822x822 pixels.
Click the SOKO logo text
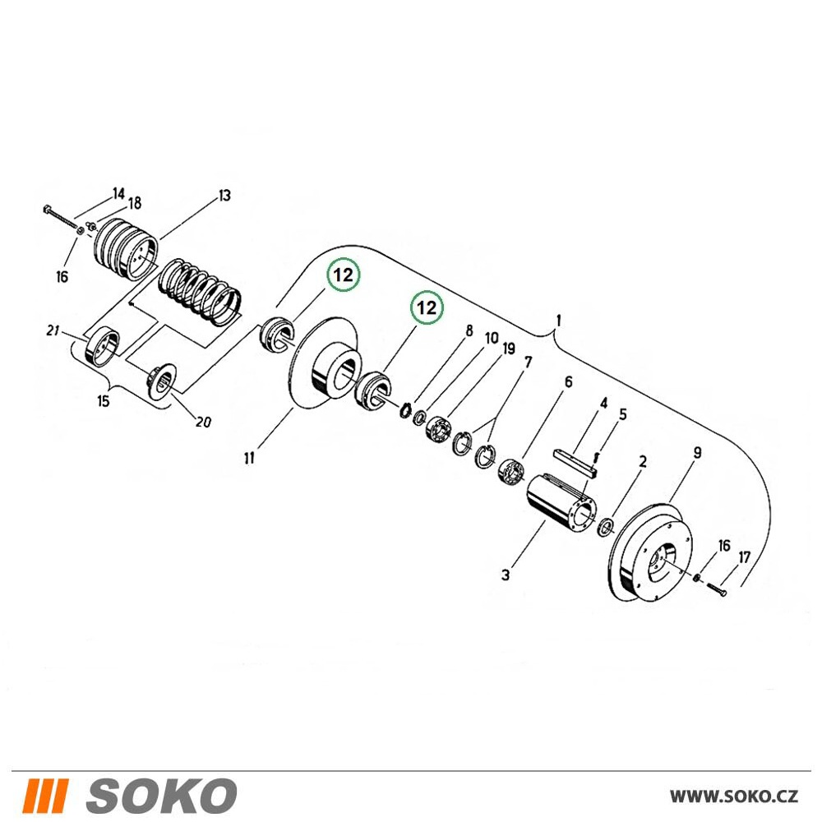161,797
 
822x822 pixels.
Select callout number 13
224,196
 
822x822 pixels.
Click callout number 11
249,458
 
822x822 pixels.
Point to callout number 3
506,575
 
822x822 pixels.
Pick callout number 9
697,453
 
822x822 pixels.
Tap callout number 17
745,558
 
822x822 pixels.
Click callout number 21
53,331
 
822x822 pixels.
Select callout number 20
203,422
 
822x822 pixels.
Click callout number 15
104,402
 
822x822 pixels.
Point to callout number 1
559,321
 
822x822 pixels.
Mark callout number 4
603,403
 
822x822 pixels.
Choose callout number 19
509,349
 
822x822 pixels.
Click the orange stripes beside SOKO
47,797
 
